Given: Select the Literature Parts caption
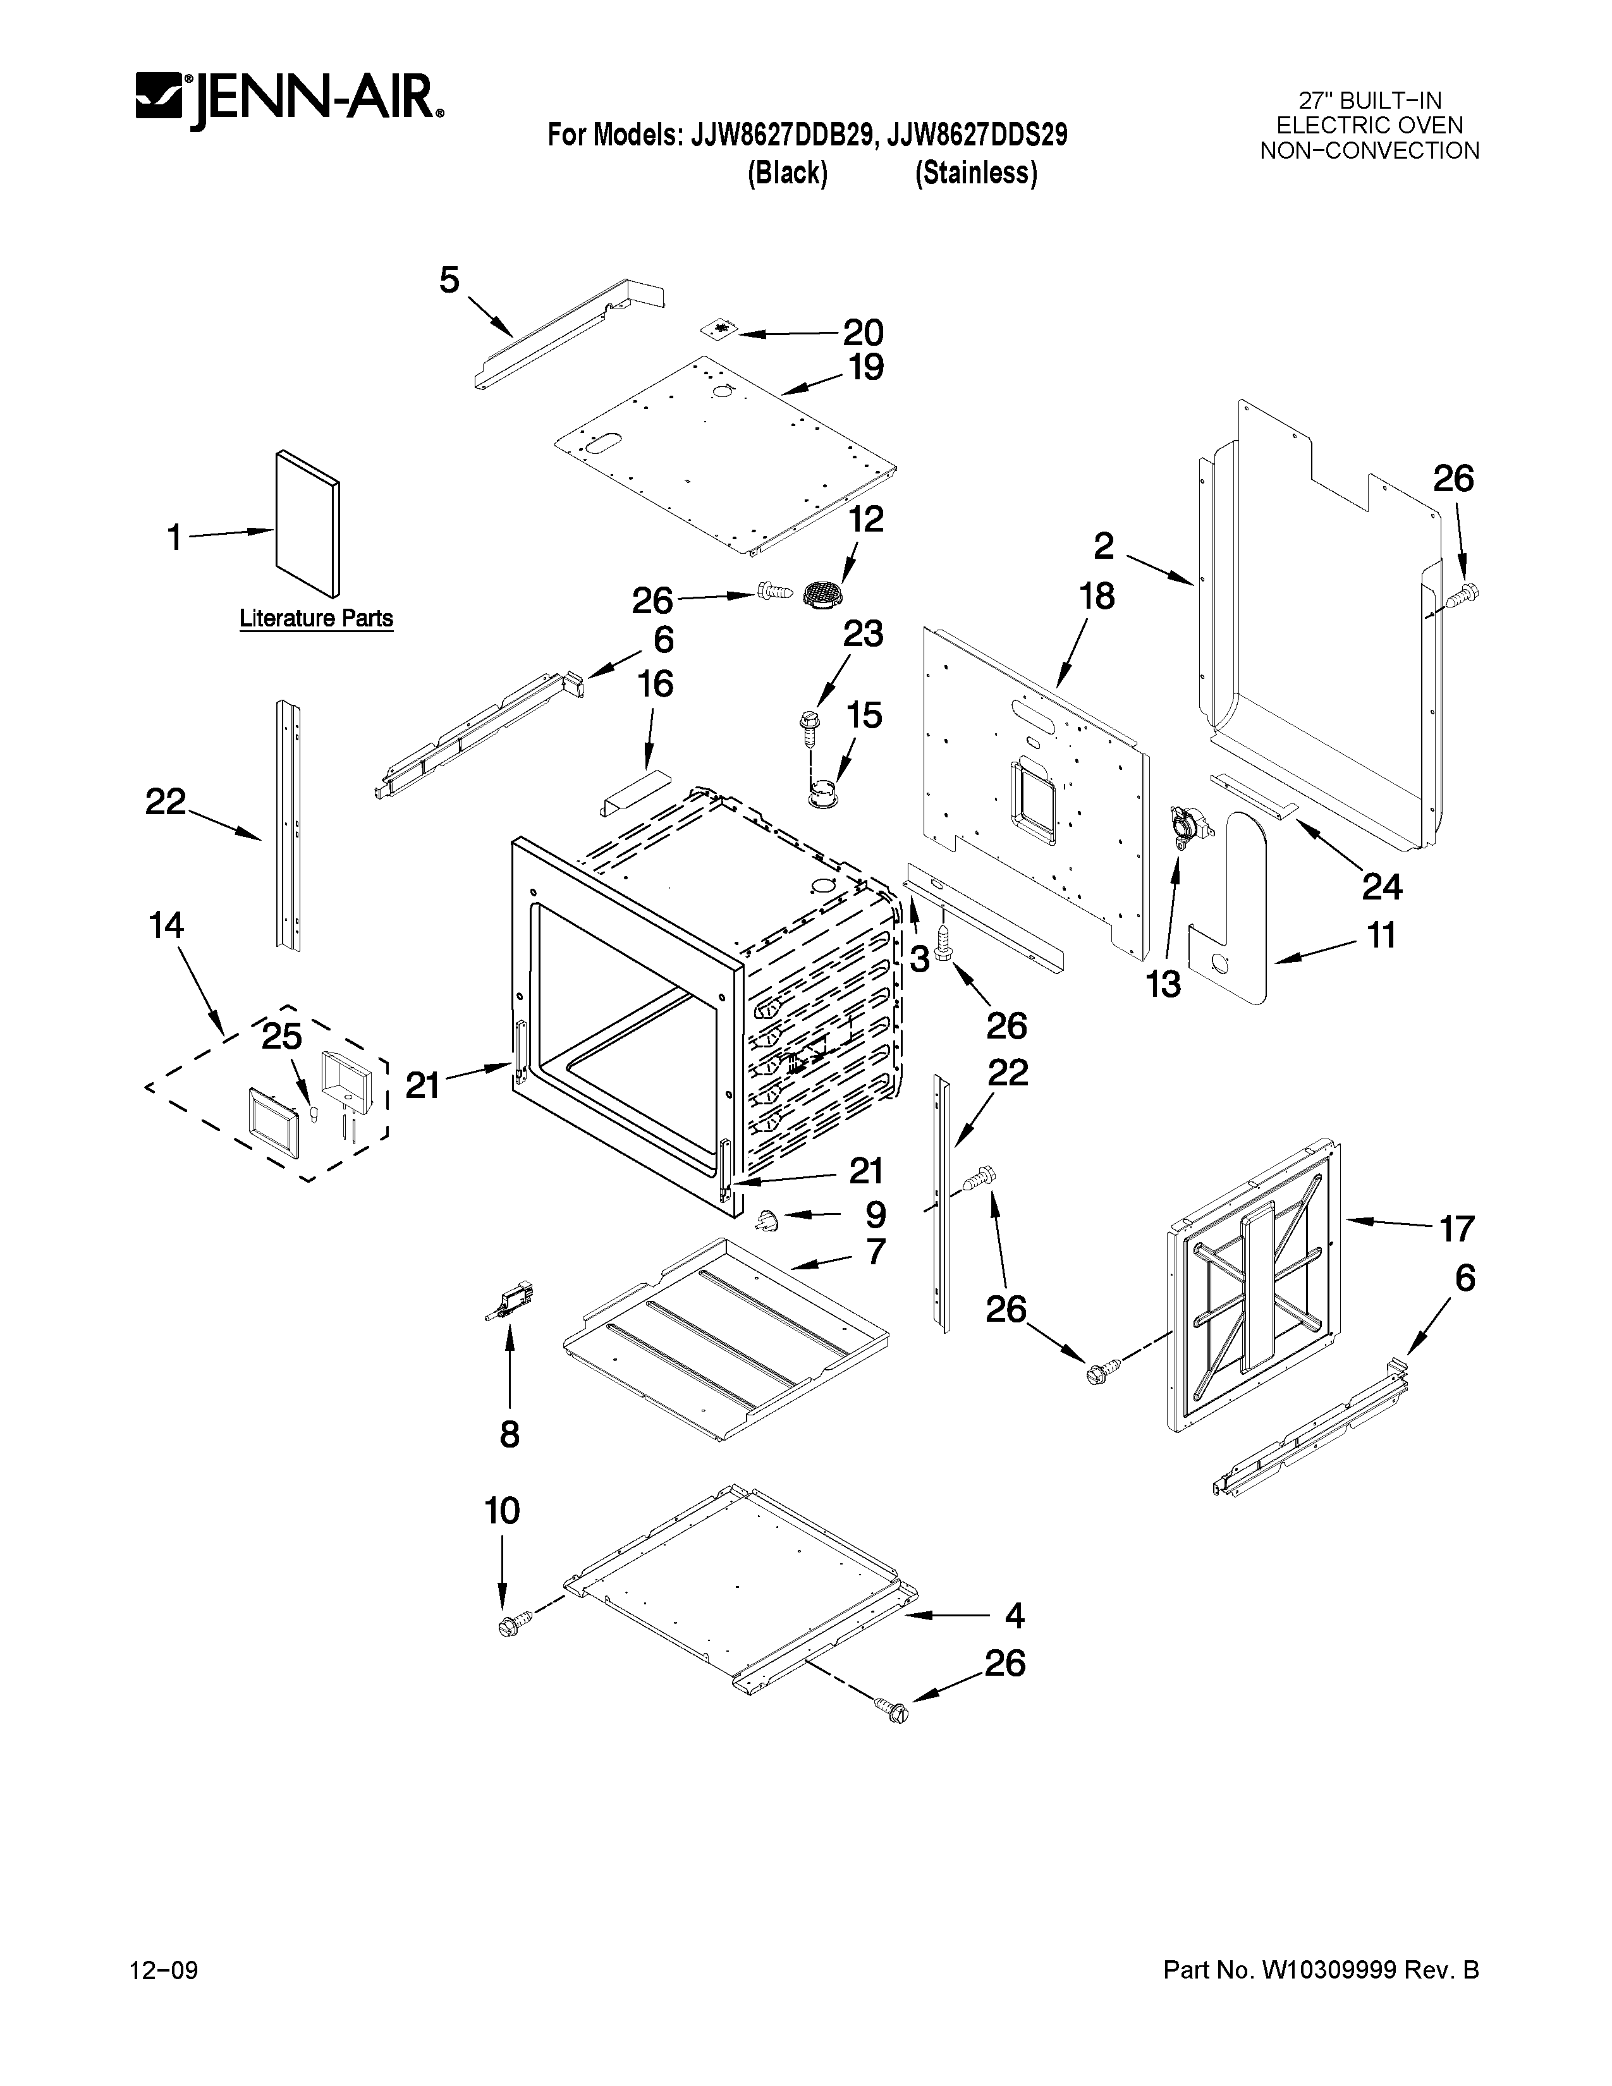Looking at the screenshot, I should (316, 618).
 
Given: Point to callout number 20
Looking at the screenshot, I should (862, 332).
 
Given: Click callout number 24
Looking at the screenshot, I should (1381, 887).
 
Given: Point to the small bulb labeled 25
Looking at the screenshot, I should (313, 1116).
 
